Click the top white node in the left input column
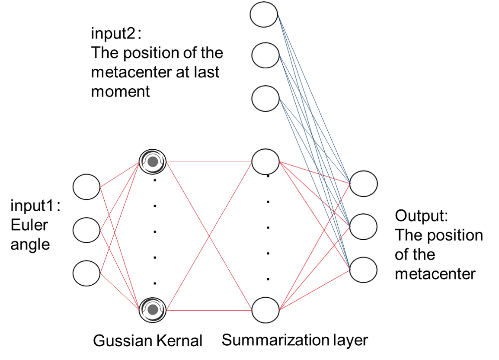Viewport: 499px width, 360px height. pyautogui.click(x=86, y=187)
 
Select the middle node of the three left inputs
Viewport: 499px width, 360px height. pyautogui.click(x=86, y=230)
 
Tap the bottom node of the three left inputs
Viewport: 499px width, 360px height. pyautogui.click(x=86, y=273)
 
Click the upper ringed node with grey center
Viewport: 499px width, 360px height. pyautogui.click(x=153, y=162)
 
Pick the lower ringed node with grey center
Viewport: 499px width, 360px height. pyautogui.click(x=153, y=310)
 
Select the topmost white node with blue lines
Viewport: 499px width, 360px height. pyautogui.click(x=264, y=14)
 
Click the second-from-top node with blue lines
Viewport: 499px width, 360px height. pyautogui.click(x=265, y=55)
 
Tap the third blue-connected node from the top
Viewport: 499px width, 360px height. pyautogui.click(x=265, y=99)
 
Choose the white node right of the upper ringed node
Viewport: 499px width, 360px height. pyautogui.click(x=265, y=162)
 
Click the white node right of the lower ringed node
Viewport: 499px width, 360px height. pyautogui.click(x=265, y=310)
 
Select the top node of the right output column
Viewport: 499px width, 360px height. pyautogui.click(x=363, y=183)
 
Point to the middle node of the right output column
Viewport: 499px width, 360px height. pyautogui.click(x=363, y=227)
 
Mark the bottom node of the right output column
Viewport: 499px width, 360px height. pyautogui.click(x=363, y=270)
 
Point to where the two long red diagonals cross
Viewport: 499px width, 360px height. pyautogui.click(x=210, y=236)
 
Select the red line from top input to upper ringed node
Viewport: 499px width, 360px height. pyautogui.click(x=120, y=174)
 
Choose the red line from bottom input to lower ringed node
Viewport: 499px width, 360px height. pyautogui.click(x=120, y=292)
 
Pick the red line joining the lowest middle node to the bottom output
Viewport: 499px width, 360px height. pyautogui.click(x=314, y=290)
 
